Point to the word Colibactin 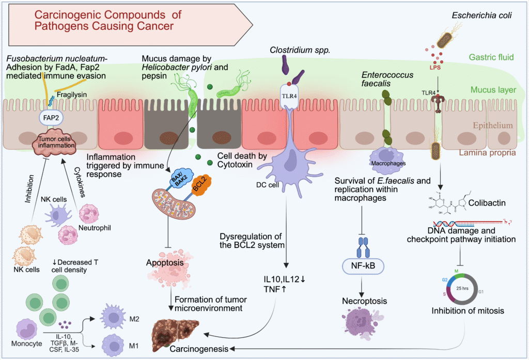486,202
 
